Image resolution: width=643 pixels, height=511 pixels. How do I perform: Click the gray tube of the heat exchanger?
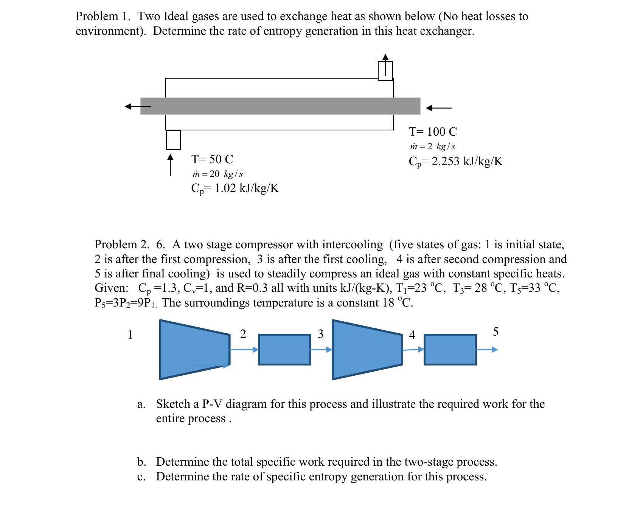click(x=280, y=106)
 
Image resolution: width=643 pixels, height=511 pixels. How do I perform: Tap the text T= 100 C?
click(x=433, y=132)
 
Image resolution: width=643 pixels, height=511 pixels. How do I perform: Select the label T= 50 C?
click(x=212, y=159)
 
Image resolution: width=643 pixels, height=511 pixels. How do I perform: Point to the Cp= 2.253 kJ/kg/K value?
click(x=456, y=161)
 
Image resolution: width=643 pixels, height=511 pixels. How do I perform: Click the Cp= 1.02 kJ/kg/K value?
click(x=235, y=188)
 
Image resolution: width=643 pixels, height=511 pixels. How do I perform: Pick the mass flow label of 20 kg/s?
click(x=217, y=174)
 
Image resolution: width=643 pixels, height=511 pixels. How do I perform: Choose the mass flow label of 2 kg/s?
click(x=432, y=146)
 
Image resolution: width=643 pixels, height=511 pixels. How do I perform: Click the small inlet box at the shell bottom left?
click(x=173, y=140)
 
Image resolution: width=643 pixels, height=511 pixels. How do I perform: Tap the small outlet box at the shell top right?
click(x=385, y=71)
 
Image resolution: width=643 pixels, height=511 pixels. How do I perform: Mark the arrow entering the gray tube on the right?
click(x=439, y=108)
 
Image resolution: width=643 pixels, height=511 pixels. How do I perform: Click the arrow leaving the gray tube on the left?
click(x=138, y=107)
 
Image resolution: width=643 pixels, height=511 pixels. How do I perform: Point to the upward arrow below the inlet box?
click(x=171, y=165)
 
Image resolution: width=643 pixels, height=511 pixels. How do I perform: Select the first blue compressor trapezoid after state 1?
click(x=194, y=350)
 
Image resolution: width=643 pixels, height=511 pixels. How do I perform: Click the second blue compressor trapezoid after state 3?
click(x=367, y=350)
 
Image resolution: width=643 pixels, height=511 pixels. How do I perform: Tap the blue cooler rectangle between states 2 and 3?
click(x=284, y=350)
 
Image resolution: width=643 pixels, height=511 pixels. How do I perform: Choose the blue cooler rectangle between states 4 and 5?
click(x=450, y=350)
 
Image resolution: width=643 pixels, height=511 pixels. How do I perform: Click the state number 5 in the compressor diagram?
click(x=495, y=332)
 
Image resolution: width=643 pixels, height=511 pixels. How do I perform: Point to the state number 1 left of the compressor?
click(x=130, y=334)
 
